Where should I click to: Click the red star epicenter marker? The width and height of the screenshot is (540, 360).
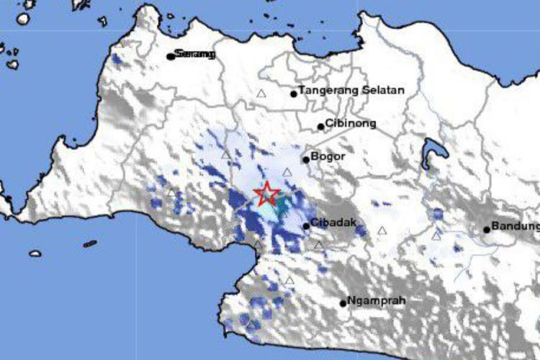[x=268, y=193]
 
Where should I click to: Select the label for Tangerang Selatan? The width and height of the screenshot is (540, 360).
[x=352, y=91]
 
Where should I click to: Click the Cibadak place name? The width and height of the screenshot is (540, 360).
[x=335, y=224]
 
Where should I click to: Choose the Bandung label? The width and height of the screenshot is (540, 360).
[x=516, y=228]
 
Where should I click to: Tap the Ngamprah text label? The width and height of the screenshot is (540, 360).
[x=372, y=301]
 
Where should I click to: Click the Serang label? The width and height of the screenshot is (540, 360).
[x=196, y=55]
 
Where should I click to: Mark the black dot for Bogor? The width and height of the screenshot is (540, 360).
[x=306, y=160]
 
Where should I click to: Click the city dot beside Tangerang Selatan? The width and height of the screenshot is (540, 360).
[x=294, y=93]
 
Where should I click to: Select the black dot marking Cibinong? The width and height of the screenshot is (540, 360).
[x=321, y=127]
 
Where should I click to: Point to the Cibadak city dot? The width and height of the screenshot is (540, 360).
[x=307, y=226]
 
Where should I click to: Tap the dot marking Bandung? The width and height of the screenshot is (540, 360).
[x=487, y=230]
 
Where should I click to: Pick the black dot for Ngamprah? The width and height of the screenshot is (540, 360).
[x=343, y=303]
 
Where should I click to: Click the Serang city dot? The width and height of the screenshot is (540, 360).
[x=171, y=55]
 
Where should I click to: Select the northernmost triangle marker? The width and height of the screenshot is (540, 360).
[x=261, y=94]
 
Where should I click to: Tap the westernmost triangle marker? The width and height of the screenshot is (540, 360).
[x=171, y=193]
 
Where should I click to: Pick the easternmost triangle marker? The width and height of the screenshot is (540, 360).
[x=436, y=235]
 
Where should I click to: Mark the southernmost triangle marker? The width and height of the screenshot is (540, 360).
[x=289, y=281]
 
